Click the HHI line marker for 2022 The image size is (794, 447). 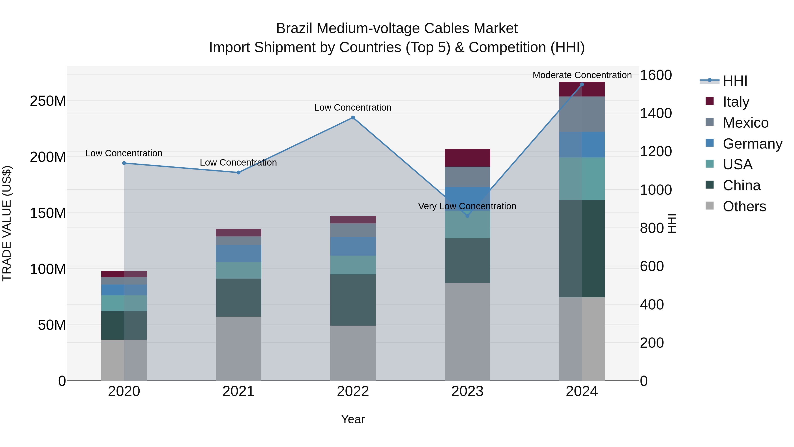pyautogui.click(x=353, y=117)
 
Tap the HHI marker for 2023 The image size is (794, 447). pyautogui.click(x=467, y=216)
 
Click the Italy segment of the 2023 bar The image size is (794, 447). pyautogui.click(x=467, y=158)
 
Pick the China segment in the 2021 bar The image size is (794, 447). pyautogui.click(x=238, y=298)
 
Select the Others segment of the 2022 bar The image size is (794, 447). pyautogui.click(x=353, y=353)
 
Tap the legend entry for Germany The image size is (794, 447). pyautogui.click(x=752, y=144)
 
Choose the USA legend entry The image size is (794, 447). pyautogui.click(x=737, y=165)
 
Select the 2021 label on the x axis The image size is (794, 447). pyautogui.click(x=238, y=391)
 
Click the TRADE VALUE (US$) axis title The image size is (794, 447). pyautogui.click(x=7, y=223)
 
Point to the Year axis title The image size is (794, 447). pyautogui.click(x=353, y=419)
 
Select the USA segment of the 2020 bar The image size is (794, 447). pyautogui.click(x=124, y=303)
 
